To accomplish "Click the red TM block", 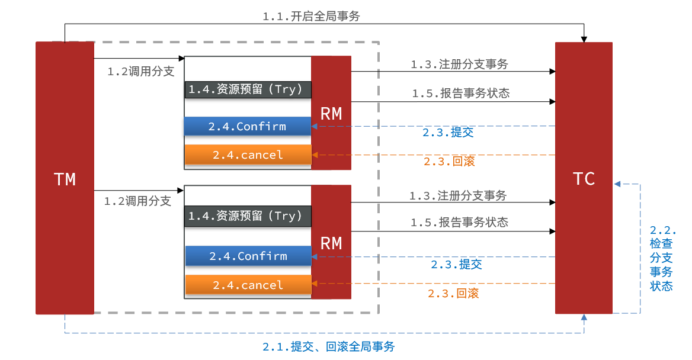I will [x=65, y=178].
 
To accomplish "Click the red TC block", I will [x=584, y=178].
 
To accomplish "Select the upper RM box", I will [x=331, y=112].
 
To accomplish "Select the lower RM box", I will [x=331, y=242].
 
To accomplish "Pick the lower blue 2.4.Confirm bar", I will [x=248, y=256].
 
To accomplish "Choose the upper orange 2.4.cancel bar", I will [x=248, y=155].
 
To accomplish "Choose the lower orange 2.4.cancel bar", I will [x=248, y=285].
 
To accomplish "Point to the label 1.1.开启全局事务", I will [x=311, y=17].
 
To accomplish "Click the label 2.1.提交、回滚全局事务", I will [x=328, y=347].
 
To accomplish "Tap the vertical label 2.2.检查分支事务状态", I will [x=662, y=258].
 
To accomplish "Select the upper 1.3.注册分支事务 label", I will [x=459, y=65].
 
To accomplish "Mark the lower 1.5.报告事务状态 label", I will [x=459, y=223].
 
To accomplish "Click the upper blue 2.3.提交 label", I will [x=448, y=133].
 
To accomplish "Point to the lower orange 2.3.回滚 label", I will [x=453, y=293].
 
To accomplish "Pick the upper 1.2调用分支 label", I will [x=141, y=72].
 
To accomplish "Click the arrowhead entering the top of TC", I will [x=584, y=39].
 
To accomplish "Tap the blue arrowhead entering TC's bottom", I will [x=584, y=317].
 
